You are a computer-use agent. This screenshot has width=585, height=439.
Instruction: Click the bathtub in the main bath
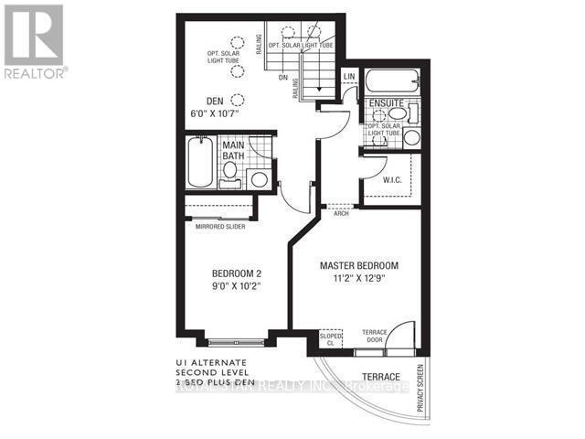pos(198,163)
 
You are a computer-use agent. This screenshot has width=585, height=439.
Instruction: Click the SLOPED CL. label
pos(330,340)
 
